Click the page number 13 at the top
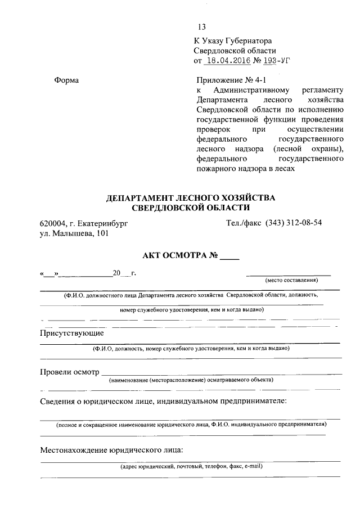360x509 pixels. coord(202,28)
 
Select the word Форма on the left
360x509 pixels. coord(66,80)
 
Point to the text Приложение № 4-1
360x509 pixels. coord(225,80)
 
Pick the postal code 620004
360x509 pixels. coord(52,223)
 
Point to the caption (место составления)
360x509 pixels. coord(291,280)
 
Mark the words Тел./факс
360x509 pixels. coord(243,223)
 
